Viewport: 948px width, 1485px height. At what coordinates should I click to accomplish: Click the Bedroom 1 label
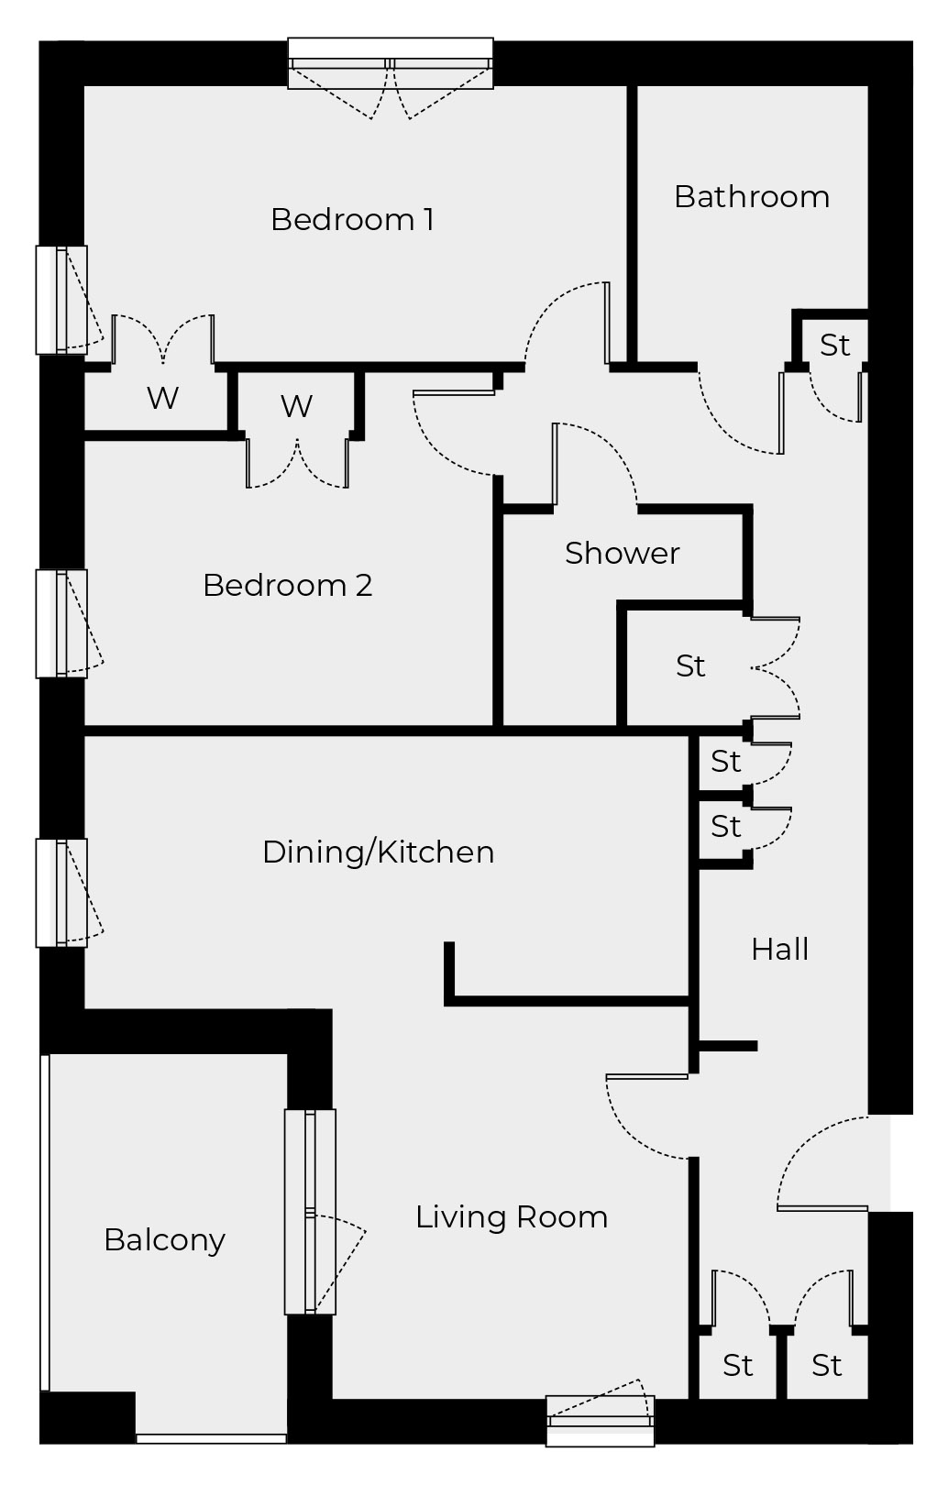click(352, 220)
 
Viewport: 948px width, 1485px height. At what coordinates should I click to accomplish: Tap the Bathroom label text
click(751, 197)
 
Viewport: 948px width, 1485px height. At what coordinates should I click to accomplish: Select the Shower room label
click(622, 554)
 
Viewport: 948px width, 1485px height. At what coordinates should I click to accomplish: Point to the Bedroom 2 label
click(287, 586)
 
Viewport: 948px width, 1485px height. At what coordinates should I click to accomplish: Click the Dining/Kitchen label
click(378, 852)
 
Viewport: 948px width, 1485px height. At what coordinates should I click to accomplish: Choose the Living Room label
click(511, 1217)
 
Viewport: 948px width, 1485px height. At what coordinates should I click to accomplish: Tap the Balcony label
click(164, 1240)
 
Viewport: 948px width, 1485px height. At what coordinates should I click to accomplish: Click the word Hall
click(779, 950)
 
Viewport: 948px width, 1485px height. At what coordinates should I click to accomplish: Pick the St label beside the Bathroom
click(834, 346)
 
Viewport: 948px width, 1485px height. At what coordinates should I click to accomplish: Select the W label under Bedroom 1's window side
click(162, 398)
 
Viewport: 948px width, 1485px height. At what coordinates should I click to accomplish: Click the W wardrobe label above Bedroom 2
click(296, 405)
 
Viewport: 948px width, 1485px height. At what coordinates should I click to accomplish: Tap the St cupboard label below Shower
click(690, 666)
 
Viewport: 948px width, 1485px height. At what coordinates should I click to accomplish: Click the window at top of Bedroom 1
click(391, 64)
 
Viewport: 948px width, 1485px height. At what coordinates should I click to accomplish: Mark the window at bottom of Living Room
click(600, 1420)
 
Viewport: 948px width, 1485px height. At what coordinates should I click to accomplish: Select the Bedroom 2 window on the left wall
click(61, 623)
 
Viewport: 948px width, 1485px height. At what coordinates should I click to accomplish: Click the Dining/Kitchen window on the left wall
click(61, 893)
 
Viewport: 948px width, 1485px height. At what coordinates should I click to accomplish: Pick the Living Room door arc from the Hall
click(642, 1118)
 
